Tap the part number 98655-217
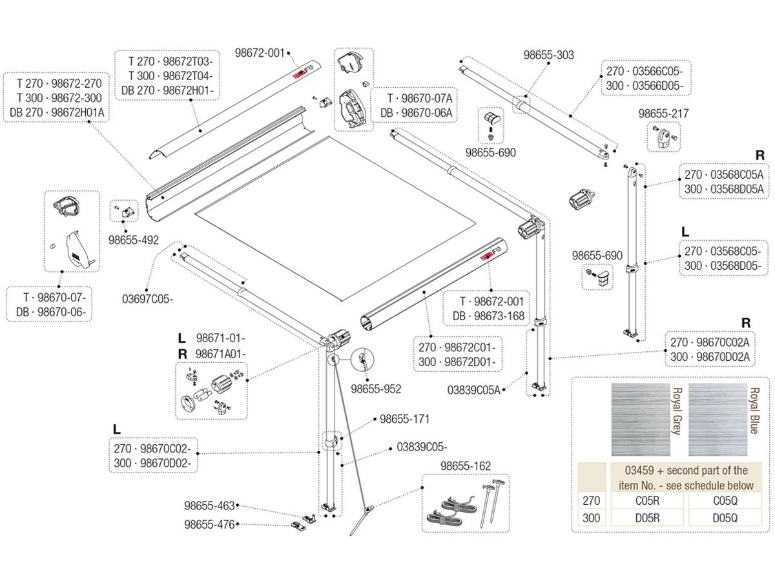coord(663,114)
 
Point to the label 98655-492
coord(134,239)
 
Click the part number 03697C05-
coord(148,299)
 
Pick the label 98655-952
coord(376,389)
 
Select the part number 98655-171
coord(404,419)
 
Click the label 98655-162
coord(465,465)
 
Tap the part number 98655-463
coord(209,506)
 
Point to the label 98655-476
coord(209,525)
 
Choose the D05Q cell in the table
coord(725,517)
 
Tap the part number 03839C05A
coord(473,389)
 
